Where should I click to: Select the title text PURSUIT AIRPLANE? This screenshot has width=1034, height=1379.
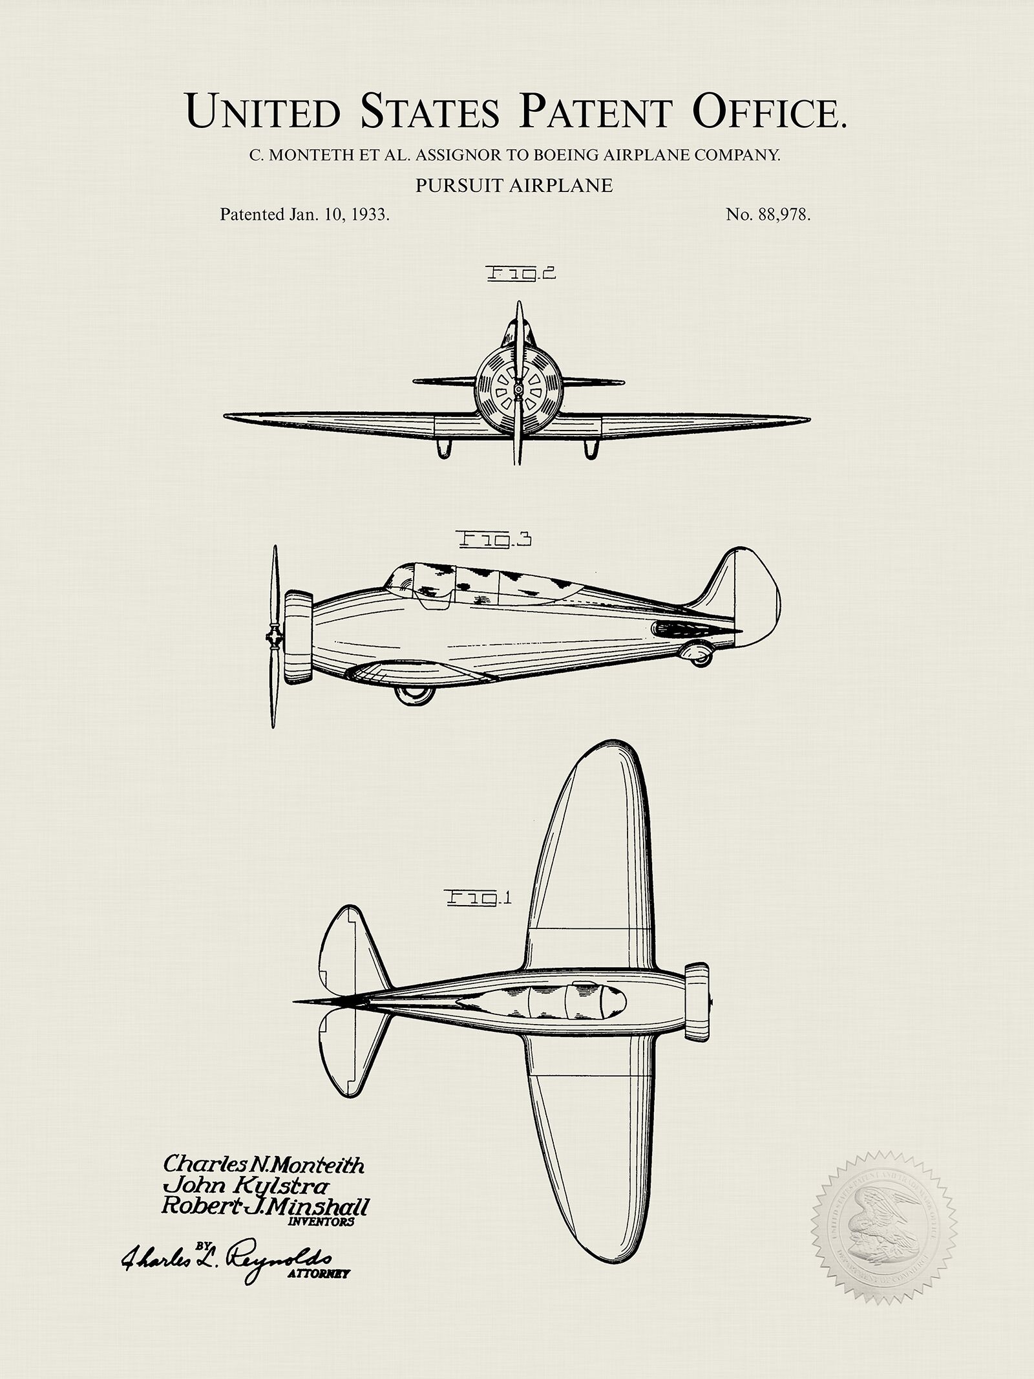[x=514, y=186]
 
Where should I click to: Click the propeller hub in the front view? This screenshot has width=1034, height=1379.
[x=518, y=389]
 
